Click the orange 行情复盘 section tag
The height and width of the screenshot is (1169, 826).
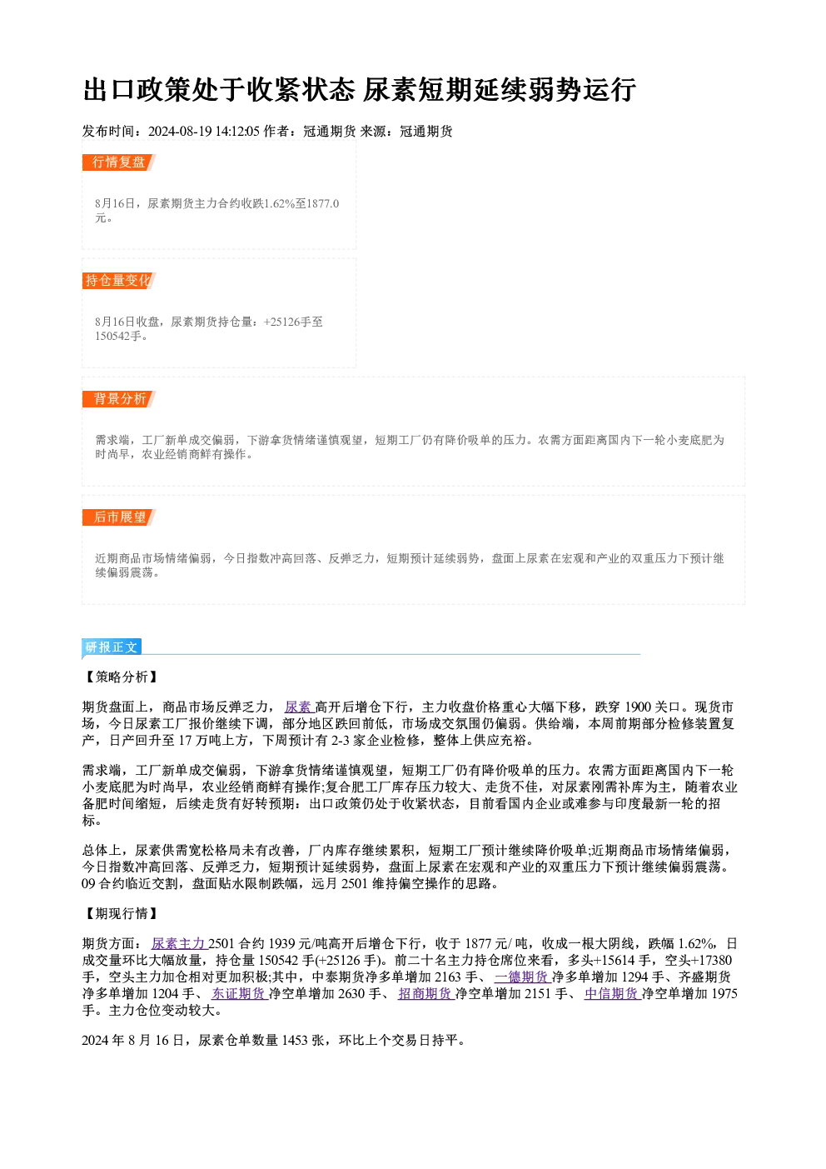click(x=119, y=162)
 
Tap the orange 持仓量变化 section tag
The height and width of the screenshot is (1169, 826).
click(x=119, y=281)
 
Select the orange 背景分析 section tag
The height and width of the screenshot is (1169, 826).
click(x=119, y=399)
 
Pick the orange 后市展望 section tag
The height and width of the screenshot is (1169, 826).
click(x=119, y=517)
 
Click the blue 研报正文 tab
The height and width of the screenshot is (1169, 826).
click(x=112, y=647)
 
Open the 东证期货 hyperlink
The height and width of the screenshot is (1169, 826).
click(x=239, y=994)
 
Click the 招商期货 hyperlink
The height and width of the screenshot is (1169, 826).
click(x=426, y=994)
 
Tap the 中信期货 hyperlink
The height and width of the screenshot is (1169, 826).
click(x=612, y=994)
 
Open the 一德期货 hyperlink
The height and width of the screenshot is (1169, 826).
click(x=523, y=977)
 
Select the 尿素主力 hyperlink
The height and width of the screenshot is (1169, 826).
click(x=179, y=943)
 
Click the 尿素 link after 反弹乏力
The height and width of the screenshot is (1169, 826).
click(x=299, y=707)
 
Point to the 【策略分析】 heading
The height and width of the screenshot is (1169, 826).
click(x=121, y=677)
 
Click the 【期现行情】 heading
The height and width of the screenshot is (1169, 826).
click(x=121, y=914)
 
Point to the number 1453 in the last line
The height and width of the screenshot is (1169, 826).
click(x=295, y=1041)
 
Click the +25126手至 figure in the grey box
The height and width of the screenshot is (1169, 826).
click(x=293, y=322)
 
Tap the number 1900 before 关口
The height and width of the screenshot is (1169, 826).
click(x=639, y=707)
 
